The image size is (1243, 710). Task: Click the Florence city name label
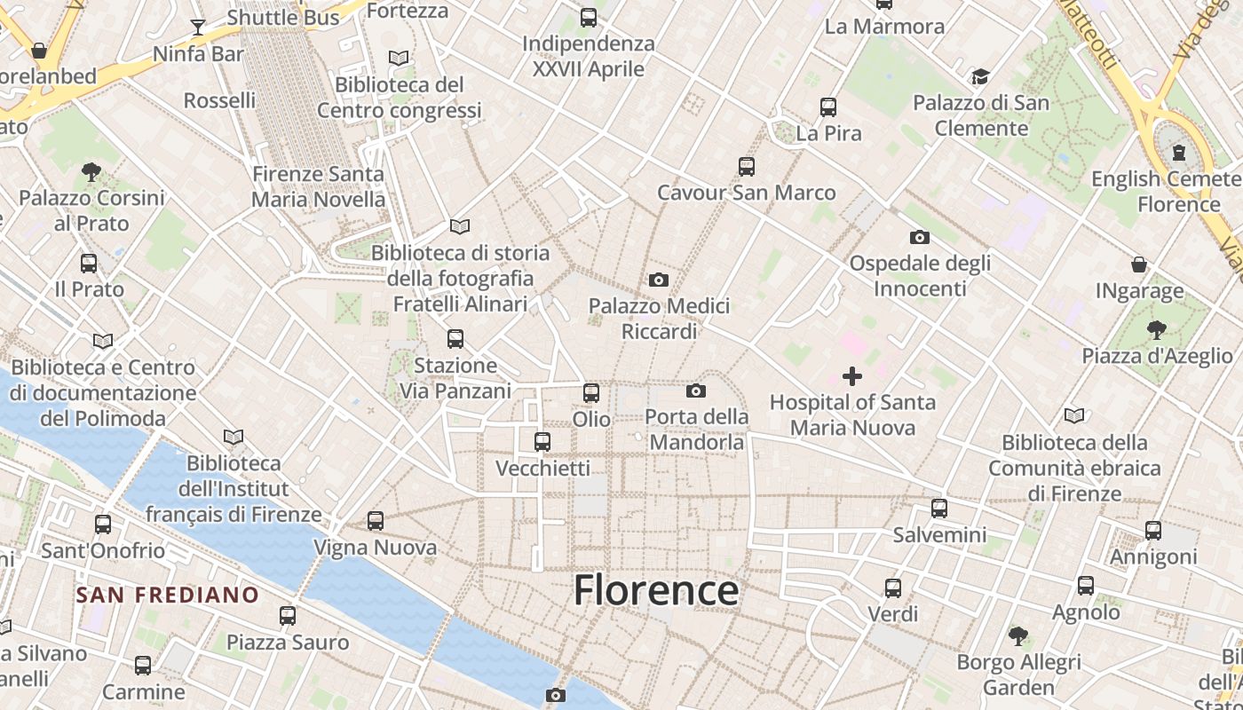[x=656, y=590]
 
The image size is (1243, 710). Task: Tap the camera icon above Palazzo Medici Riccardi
[x=658, y=280]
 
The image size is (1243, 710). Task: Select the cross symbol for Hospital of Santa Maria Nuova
[x=852, y=376]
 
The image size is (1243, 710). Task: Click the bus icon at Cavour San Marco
[x=746, y=167]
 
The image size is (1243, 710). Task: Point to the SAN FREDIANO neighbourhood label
[x=167, y=595]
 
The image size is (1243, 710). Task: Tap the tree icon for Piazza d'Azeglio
[x=1156, y=330]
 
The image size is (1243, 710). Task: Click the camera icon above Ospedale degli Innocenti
[x=920, y=237]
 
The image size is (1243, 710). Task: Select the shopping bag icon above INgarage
[x=1139, y=264]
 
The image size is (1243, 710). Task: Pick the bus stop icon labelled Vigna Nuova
[x=376, y=521]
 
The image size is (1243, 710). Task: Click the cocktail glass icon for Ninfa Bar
[x=198, y=28]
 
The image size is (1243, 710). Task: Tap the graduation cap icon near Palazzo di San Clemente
[x=980, y=77]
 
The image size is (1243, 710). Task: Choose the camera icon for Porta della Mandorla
[x=696, y=390]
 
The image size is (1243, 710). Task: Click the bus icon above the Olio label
[x=591, y=392]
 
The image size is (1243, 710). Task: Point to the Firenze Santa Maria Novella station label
[x=318, y=186]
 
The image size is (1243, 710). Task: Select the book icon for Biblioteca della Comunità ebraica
[x=1074, y=415]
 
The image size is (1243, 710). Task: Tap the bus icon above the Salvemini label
[x=939, y=509]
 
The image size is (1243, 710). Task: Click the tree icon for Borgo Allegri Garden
[x=1018, y=635]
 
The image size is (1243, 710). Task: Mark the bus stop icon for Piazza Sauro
[x=288, y=615]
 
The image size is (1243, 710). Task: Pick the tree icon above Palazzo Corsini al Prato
[x=91, y=171]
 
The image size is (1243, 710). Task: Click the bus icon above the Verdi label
[x=893, y=588]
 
